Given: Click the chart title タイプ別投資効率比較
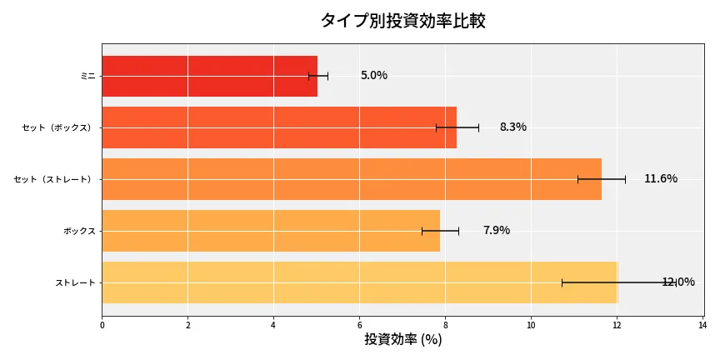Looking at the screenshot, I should [x=402, y=21].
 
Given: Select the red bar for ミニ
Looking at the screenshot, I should [x=209, y=76].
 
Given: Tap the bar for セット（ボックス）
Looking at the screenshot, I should [x=279, y=127].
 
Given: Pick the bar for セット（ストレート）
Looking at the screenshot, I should [x=351, y=179].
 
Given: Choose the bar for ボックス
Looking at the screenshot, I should [x=270, y=231].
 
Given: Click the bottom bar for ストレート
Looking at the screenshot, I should [x=359, y=282].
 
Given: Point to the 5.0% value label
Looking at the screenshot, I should [x=373, y=76].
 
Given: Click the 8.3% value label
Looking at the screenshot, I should [x=512, y=127].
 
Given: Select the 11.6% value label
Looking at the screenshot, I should [x=660, y=179].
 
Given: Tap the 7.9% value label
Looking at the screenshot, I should [x=496, y=231].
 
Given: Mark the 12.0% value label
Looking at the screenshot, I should [x=677, y=282].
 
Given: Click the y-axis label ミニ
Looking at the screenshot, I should [x=87, y=76].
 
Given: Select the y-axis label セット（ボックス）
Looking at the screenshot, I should [x=58, y=127].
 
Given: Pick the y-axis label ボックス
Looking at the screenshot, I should [x=79, y=231].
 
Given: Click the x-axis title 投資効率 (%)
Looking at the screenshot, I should [x=402, y=340].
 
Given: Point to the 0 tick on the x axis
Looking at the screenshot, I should [x=102, y=325].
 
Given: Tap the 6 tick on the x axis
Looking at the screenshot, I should [x=359, y=325].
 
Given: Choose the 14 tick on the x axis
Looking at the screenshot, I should [x=702, y=325].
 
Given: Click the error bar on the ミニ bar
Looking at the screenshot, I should [x=318, y=76].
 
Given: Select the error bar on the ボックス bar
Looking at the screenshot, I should [x=440, y=231].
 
